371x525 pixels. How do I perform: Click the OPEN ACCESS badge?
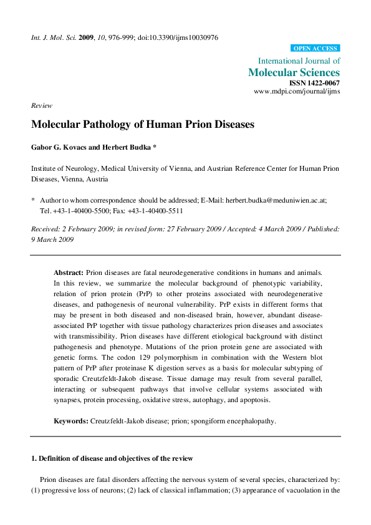[x=315, y=48]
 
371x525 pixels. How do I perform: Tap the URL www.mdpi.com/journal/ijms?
[x=297, y=91]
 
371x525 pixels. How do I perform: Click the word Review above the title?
[x=42, y=106]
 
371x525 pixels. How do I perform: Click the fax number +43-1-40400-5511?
[x=160, y=211]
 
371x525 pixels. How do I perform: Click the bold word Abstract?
[x=69, y=272]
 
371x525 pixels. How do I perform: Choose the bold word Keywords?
[x=71, y=421]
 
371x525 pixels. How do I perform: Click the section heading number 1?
[x=34, y=458]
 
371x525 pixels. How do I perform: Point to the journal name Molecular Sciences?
[x=294, y=72]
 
